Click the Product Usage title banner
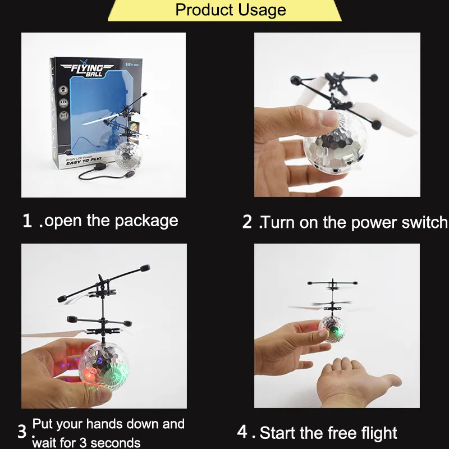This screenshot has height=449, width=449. pyautogui.click(x=230, y=10)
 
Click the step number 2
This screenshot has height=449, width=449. pyautogui.click(x=248, y=222)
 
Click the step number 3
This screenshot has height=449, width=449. pyautogui.click(x=22, y=432)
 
